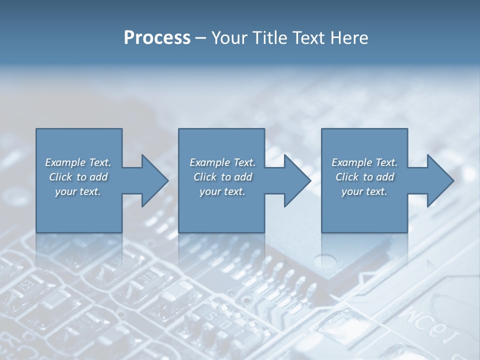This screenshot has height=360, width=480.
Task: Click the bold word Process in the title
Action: coord(157,38)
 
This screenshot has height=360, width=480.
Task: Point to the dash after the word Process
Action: coord(200,38)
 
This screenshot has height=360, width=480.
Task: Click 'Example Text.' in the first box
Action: coord(78,162)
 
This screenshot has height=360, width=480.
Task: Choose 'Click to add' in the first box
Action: coord(78,177)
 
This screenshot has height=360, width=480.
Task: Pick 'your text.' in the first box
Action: coord(78,191)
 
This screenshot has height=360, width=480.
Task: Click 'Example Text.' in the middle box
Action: coord(222,162)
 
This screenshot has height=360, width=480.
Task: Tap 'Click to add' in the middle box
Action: coord(222,177)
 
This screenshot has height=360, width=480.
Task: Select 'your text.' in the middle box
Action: coord(222,191)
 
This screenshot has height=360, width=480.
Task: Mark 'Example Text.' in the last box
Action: coord(364,162)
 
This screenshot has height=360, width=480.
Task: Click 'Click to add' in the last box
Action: coord(364,177)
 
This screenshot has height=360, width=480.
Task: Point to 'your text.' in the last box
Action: coord(364,191)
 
